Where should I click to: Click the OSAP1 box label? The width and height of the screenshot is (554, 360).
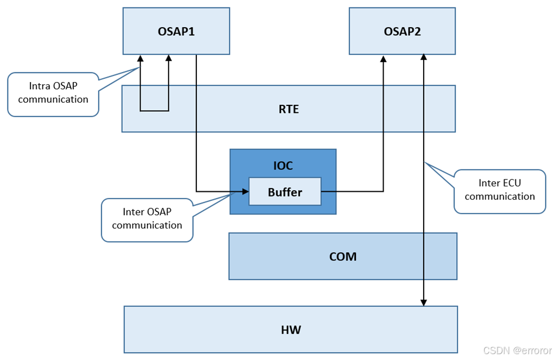[x=176, y=31]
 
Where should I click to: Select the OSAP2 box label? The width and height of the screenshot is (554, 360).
[x=402, y=31]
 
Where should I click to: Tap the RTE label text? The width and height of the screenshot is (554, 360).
[x=288, y=109]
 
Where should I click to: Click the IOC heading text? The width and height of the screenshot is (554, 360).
[x=283, y=166]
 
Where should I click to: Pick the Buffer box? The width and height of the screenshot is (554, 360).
[x=285, y=192]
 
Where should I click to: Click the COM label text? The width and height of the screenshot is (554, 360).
[x=343, y=257]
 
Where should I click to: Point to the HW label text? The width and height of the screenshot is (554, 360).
[x=291, y=330]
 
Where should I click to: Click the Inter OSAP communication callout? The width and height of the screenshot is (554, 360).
[x=147, y=219]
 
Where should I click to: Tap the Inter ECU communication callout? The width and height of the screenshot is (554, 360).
[x=500, y=190]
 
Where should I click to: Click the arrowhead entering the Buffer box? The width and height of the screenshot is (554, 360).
[x=245, y=191]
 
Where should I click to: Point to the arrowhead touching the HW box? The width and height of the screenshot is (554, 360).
[x=424, y=302]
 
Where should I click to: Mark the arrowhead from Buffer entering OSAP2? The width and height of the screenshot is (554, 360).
[x=383, y=59]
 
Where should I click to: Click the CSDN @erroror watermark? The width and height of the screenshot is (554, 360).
[x=517, y=350]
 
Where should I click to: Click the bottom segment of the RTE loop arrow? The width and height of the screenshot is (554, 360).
[x=154, y=111]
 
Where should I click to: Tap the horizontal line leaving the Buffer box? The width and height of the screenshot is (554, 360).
[x=351, y=191]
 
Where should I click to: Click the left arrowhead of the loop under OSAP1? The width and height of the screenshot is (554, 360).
[x=140, y=58]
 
